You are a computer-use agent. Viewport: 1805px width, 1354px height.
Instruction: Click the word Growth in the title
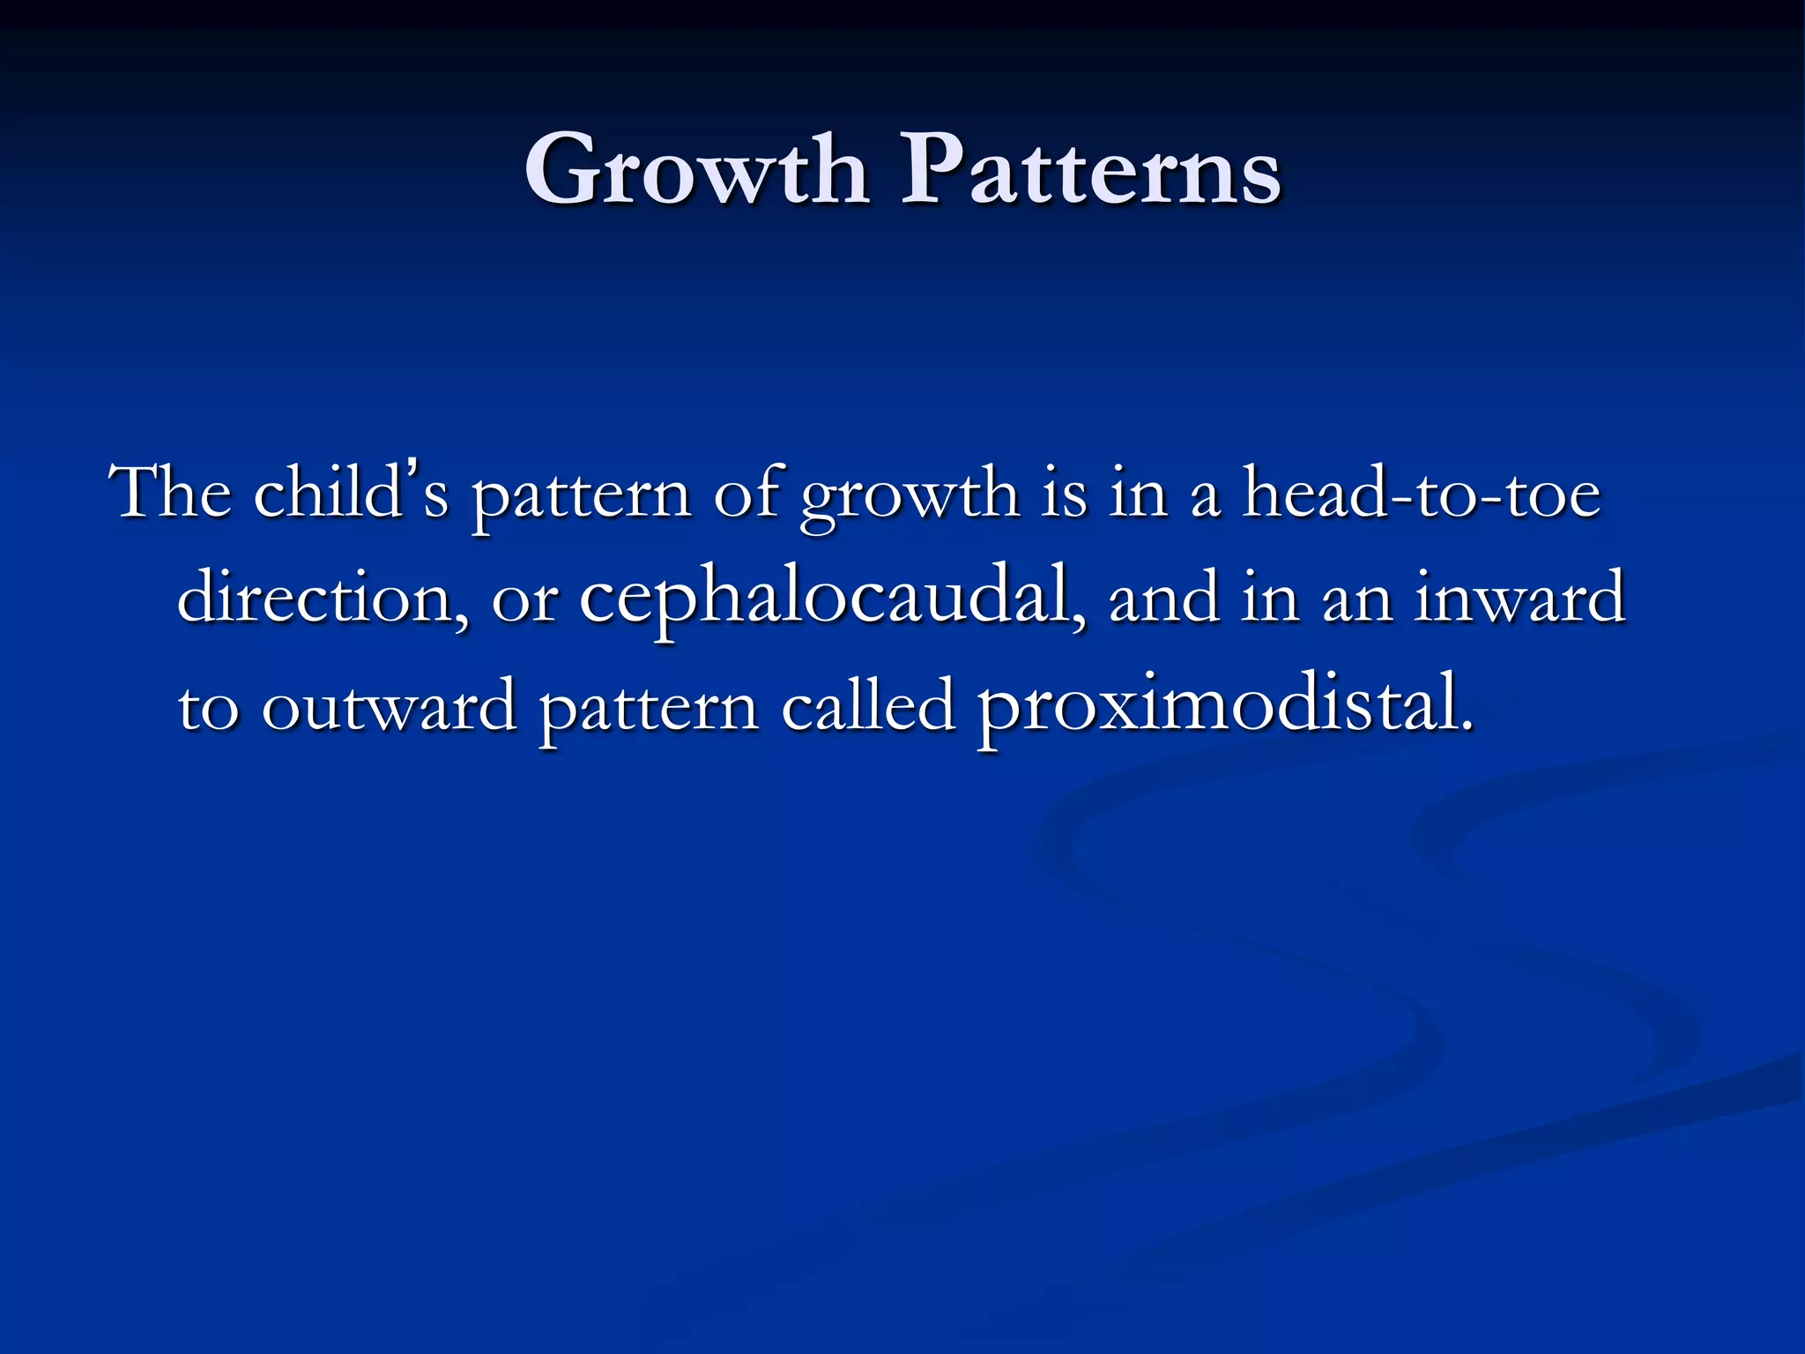[696, 169]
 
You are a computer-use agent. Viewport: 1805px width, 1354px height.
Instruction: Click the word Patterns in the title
[1090, 169]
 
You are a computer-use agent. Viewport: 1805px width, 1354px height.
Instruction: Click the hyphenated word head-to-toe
[1421, 494]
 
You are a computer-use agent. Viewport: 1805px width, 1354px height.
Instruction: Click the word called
[868, 705]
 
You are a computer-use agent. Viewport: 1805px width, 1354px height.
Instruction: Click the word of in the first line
[745, 494]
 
